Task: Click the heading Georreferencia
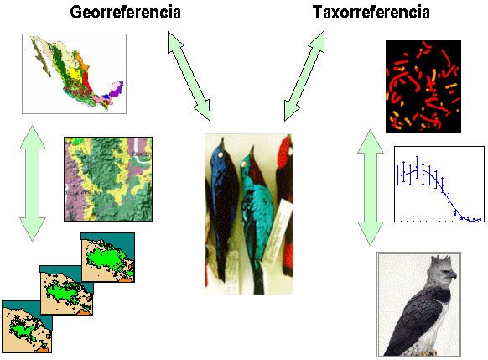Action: pos(125,13)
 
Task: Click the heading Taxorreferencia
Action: pos(371,13)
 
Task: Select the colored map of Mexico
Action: pos(74,74)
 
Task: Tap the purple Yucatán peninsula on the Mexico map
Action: pos(117,88)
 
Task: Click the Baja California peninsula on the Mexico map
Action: pos(41,59)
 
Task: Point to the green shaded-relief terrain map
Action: pos(108,179)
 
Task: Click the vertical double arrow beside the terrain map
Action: pos(33,184)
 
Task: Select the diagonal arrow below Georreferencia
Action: pos(189,76)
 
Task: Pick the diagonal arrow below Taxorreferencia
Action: pos(304,76)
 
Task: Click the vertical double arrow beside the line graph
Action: pos(371,188)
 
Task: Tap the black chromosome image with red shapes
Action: pos(423,86)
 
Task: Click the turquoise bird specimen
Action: pos(256,218)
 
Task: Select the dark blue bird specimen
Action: pos(223,209)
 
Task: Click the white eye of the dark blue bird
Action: pos(221,154)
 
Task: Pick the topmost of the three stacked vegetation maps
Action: pos(107,258)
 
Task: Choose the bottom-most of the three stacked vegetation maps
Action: pos(27,326)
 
